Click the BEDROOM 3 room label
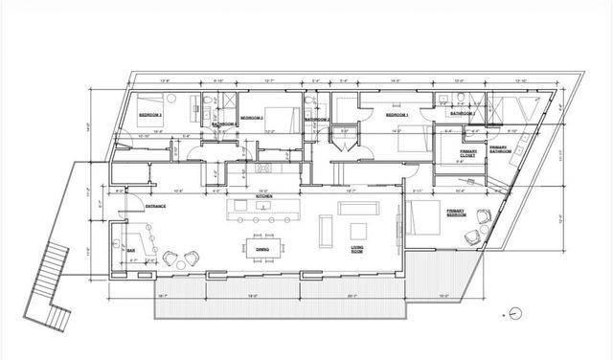click(x=149, y=115)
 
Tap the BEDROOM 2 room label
click(x=252, y=118)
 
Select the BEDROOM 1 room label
click(x=397, y=115)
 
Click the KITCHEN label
click(x=264, y=196)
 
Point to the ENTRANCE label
click(x=157, y=206)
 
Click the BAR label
click(x=131, y=250)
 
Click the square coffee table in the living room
click(x=360, y=231)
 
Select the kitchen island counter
click(x=260, y=207)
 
